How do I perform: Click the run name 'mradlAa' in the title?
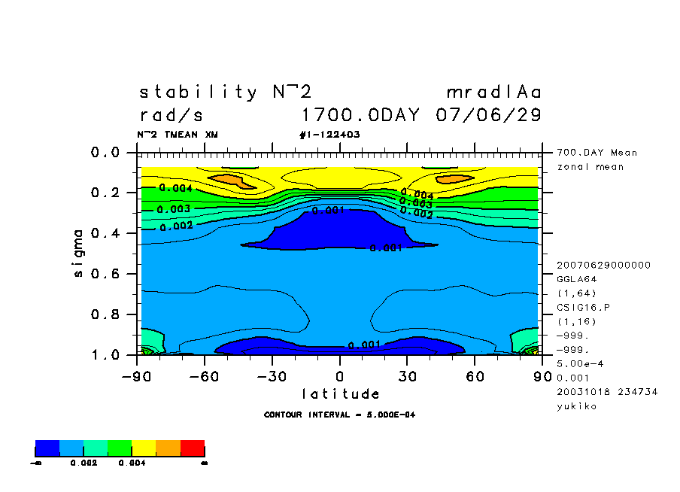(493, 93)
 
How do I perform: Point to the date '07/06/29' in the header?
(488, 116)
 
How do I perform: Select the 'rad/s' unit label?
(171, 116)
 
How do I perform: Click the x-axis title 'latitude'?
(340, 393)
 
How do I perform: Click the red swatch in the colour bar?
(193, 449)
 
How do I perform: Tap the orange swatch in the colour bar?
(168, 449)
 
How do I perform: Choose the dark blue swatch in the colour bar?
(47, 449)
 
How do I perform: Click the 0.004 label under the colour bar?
(132, 463)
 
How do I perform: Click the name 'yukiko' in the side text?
(577, 406)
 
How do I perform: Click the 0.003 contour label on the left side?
(174, 208)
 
